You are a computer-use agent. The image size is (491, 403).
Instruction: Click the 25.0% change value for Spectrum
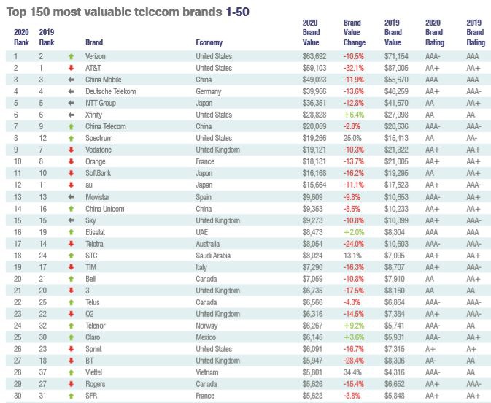click(352, 138)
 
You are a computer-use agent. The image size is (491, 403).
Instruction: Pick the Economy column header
click(209, 42)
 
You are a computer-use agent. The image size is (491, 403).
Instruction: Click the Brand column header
click(94, 42)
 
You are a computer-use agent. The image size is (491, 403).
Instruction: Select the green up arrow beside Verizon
click(71, 56)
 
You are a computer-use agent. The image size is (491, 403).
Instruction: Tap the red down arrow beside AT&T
click(71, 68)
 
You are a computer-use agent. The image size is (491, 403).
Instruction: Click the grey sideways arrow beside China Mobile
click(71, 80)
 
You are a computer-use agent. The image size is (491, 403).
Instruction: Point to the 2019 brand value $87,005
click(394, 68)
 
